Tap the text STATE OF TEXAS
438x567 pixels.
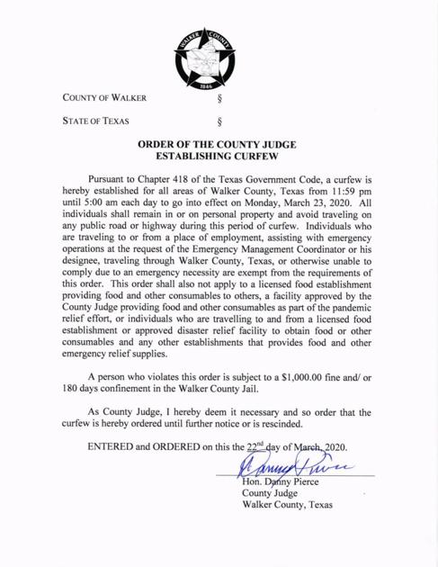point(95,120)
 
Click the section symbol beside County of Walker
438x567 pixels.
point(219,98)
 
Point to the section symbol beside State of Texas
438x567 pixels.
point(219,121)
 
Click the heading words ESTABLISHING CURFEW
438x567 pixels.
point(219,156)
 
